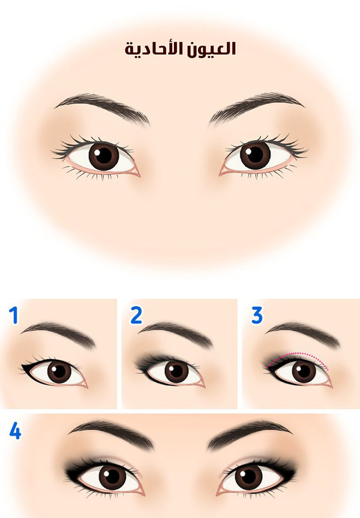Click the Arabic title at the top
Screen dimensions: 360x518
coord(180,49)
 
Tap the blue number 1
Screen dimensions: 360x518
coord(14,315)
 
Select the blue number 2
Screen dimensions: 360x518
coord(136,315)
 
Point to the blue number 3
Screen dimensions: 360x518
coord(257,315)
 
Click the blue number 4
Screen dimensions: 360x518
coord(15,431)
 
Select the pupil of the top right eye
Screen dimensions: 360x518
coord(255,154)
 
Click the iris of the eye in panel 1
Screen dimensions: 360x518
coord(59,372)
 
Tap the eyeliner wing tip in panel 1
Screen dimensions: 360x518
coord(22,366)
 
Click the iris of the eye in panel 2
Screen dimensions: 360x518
coord(176,371)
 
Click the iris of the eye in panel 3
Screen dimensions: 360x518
coord(304,372)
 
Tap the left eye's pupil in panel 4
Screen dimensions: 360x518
coord(112,477)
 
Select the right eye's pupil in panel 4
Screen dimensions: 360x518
coord(248,477)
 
